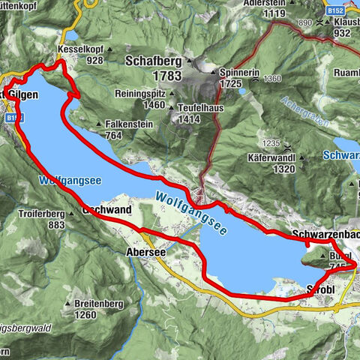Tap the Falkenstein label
[130, 124]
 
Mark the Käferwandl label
[271, 158]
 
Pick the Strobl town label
[323, 288]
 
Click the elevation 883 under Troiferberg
[56, 225]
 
